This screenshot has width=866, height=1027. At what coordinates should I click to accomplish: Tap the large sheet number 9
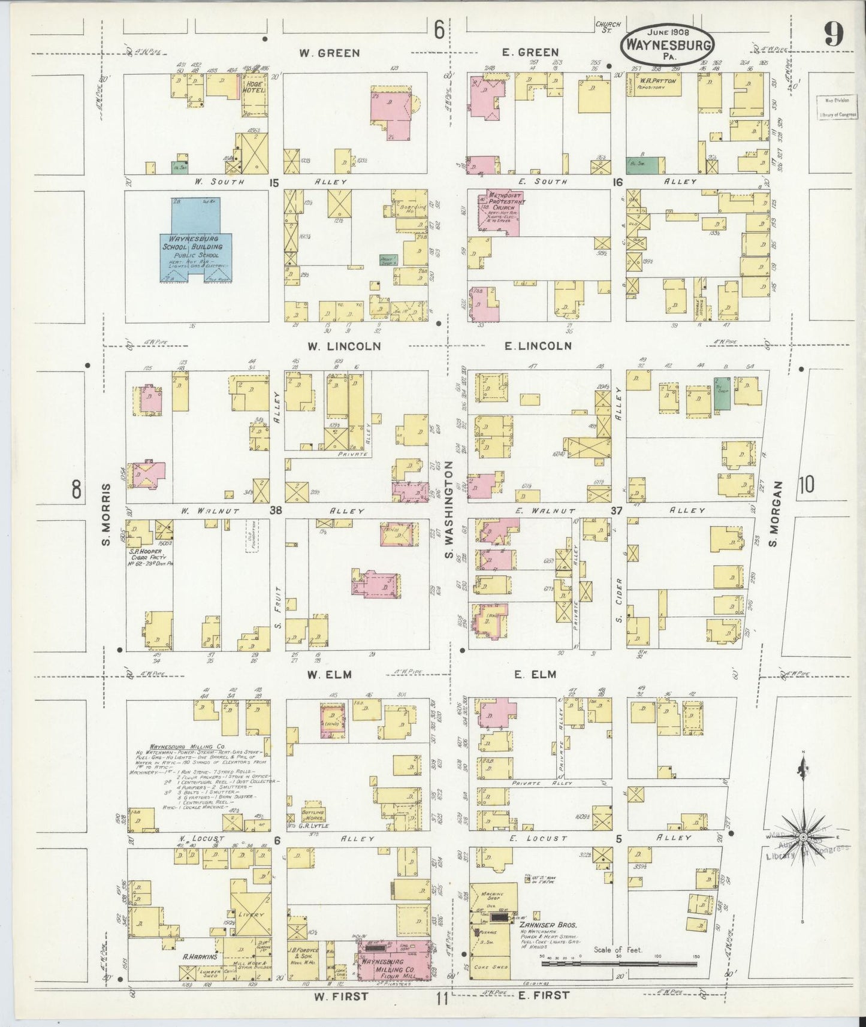click(834, 34)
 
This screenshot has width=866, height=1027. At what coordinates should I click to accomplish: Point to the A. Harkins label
click(198, 956)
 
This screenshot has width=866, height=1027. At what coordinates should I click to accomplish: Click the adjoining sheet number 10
click(805, 485)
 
